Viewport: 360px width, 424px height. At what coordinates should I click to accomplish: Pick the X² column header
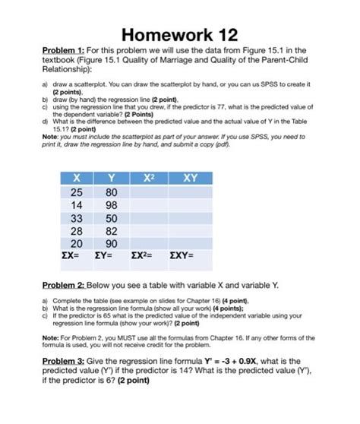click(148, 178)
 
